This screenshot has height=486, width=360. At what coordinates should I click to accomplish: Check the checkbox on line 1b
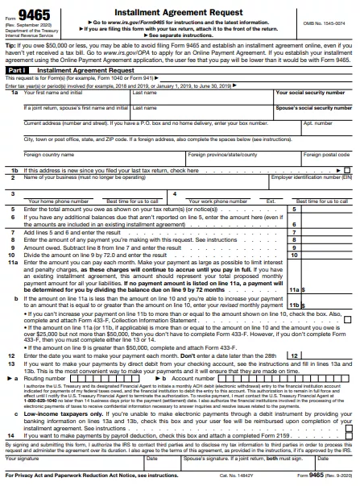[347, 170]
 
